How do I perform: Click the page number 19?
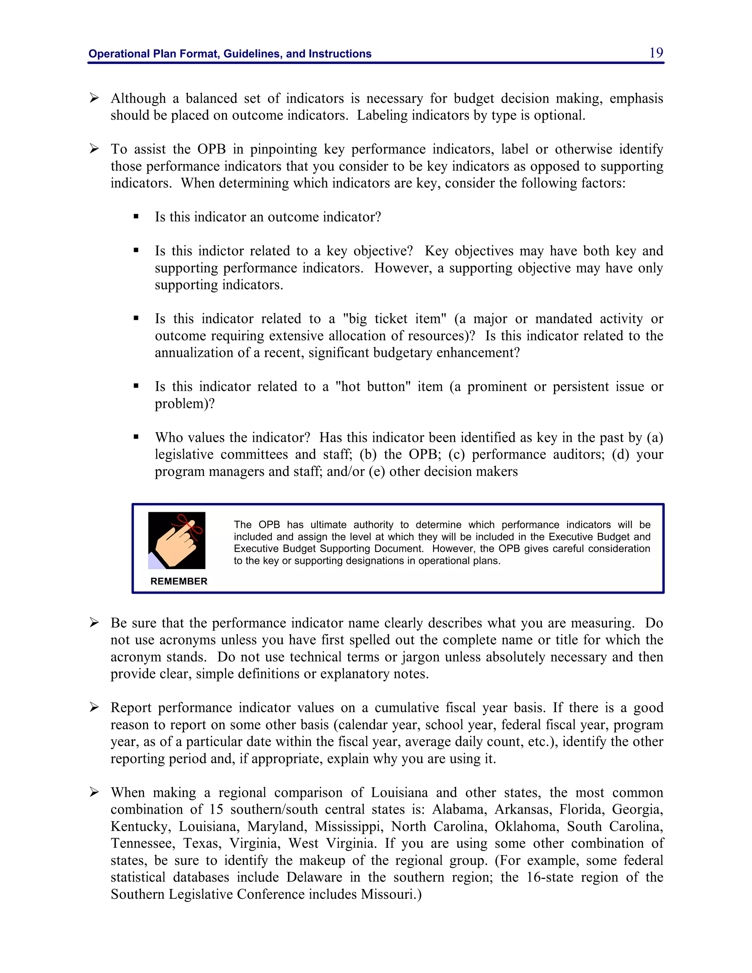(656, 53)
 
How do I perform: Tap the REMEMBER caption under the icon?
(179, 581)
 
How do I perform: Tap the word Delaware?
(314, 877)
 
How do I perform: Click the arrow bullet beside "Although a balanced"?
(94, 98)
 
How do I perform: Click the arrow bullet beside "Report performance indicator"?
(94, 707)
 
